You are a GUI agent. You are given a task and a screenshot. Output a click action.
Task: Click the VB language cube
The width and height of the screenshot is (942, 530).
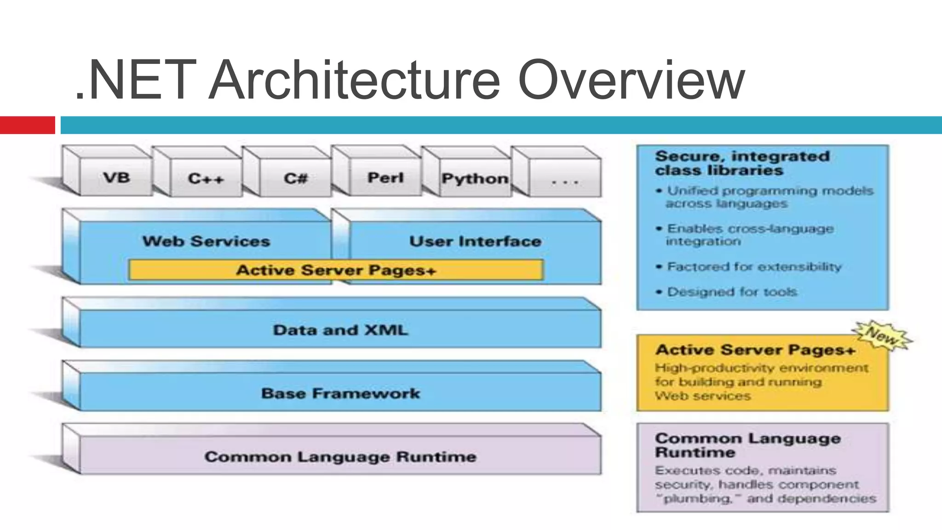coord(116,178)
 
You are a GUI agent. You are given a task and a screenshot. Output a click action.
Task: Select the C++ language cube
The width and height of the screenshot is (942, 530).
coord(206,179)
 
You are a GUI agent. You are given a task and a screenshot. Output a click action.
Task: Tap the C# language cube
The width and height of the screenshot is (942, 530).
coord(295,179)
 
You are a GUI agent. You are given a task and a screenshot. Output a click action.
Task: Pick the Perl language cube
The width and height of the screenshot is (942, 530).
coord(385,178)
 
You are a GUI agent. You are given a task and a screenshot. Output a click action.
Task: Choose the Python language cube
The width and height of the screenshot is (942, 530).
coord(475,179)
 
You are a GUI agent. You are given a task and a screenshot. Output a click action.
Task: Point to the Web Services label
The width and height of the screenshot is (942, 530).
coord(206,241)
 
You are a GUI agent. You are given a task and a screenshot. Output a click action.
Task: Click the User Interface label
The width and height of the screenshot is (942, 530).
coord(475,241)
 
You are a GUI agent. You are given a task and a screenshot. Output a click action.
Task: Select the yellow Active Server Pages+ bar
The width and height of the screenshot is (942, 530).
coord(336,270)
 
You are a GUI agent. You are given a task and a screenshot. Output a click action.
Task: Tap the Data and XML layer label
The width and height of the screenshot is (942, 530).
coord(340,330)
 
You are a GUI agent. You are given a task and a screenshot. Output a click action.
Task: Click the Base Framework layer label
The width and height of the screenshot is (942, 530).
coord(340,393)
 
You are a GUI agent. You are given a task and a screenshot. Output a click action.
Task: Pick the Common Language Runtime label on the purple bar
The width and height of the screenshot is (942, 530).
coord(340,457)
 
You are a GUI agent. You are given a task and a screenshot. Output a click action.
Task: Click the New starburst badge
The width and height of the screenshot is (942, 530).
coord(882,336)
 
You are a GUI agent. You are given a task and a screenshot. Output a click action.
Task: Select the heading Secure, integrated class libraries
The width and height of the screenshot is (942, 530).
coord(742,163)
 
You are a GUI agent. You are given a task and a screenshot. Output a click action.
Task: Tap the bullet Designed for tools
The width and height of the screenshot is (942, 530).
coord(731,292)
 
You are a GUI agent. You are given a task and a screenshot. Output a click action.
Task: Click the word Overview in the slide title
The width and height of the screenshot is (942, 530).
coord(631,81)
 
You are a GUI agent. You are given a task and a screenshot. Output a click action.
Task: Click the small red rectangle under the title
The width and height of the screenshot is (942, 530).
coord(27,125)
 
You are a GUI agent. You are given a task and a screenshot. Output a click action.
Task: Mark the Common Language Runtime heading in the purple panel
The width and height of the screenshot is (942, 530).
coord(747,445)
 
